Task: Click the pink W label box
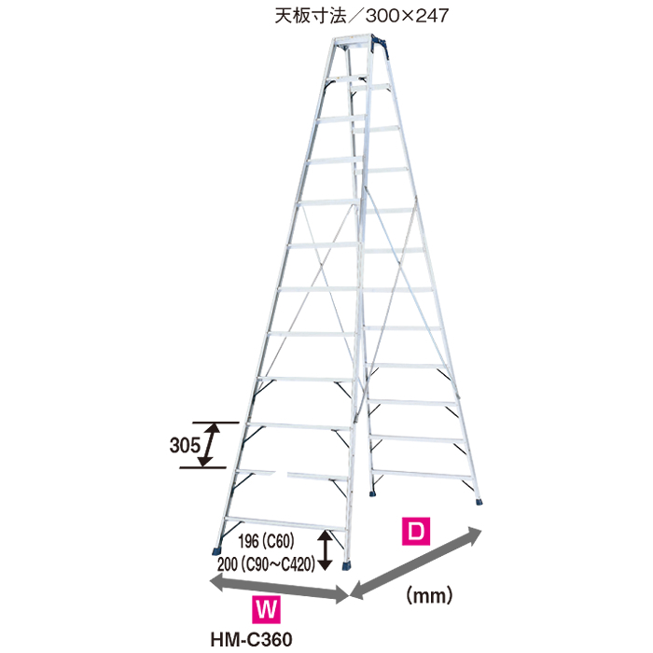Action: [x=267, y=612]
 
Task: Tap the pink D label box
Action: [x=417, y=533]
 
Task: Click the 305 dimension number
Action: [x=186, y=445]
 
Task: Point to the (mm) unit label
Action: [x=428, y=592]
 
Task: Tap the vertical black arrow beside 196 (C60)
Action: [x=326, y=549]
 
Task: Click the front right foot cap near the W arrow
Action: [x=349, y=564]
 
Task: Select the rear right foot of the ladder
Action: [x=480, y=501]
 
